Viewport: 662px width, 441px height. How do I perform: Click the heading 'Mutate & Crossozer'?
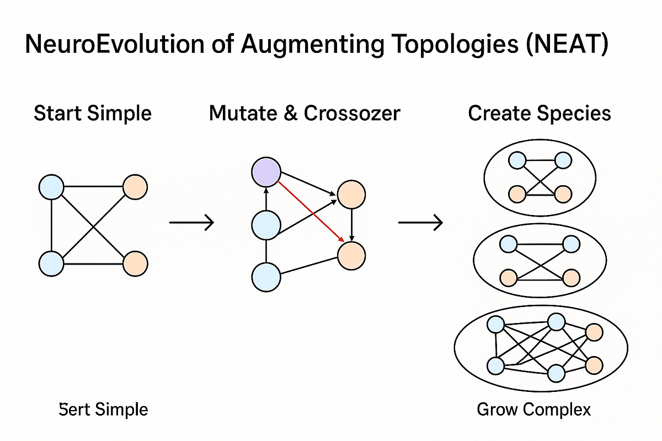click(305, 114)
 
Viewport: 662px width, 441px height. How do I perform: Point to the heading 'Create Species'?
click(539, 114)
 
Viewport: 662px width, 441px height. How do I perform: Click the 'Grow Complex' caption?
click(533, 410)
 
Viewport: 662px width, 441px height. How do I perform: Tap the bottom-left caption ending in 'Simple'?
click(103, 410)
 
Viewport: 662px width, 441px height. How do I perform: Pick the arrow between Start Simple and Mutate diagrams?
click(191, 222)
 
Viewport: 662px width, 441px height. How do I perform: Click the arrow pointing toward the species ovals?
click(420, 222)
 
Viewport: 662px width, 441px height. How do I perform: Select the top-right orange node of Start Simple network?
click(135, 187)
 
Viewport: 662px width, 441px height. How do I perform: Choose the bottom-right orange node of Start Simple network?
click(135, 262)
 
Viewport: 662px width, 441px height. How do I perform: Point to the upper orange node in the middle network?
click(351, 195)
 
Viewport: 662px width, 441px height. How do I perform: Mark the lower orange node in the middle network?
click(351, 255)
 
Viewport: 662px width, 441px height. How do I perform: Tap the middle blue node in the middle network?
click(266, 225)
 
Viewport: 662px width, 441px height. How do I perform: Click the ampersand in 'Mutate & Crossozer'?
click(281, 114)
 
